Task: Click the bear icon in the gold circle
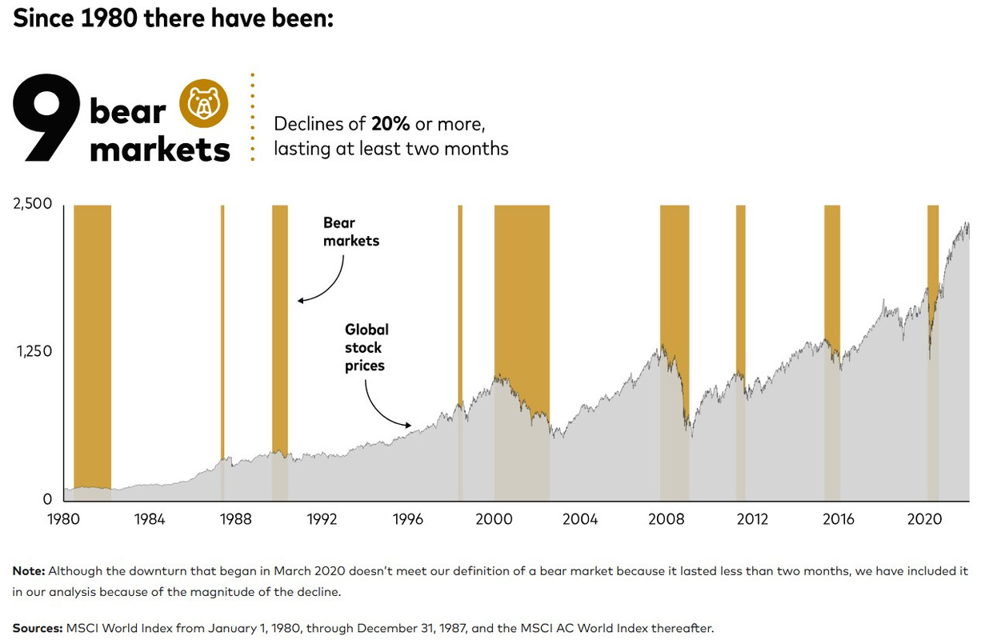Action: point(203,104)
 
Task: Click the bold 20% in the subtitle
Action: point(390,124)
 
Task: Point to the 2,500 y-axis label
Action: point(33,203)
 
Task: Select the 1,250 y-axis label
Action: point(33,351)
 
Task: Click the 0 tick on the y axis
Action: point(46,499)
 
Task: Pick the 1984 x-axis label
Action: point(150,519)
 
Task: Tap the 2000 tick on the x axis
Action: point(494,519)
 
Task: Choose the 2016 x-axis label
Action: point(838,519)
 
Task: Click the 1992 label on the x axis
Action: point(322,519)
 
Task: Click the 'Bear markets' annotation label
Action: point(350,231)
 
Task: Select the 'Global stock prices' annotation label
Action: point(366,347)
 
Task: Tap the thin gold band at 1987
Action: point(222,320)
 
